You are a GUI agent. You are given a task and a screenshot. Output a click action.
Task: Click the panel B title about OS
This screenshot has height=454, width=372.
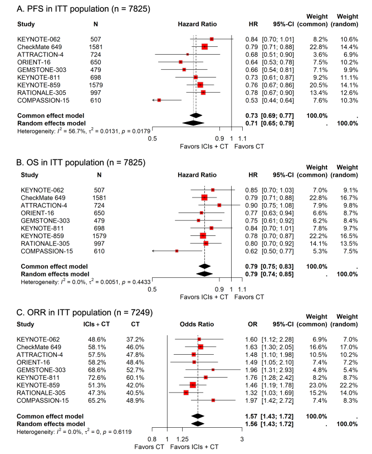[74, 162]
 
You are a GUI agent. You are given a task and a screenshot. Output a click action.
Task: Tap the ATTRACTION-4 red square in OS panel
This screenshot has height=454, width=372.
[219, 205]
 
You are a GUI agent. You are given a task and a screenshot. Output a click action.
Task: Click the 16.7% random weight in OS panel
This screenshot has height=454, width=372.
[347, 197]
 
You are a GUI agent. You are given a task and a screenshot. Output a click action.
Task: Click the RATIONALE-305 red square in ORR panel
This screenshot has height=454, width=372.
[186, 393]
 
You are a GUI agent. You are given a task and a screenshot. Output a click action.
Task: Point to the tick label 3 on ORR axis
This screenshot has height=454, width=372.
[242, 439]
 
